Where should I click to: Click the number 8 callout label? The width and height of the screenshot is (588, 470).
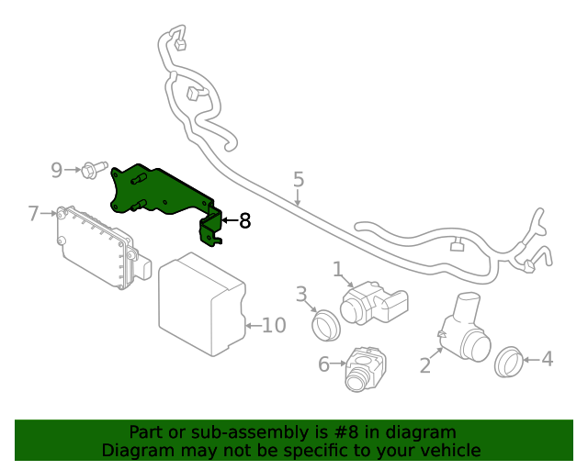243,221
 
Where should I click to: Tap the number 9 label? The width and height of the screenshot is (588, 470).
57,170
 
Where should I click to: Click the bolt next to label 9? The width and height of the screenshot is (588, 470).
90,170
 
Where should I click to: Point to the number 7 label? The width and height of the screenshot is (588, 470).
33,214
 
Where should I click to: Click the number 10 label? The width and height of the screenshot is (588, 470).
274,325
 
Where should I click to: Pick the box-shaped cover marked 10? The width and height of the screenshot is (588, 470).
200,306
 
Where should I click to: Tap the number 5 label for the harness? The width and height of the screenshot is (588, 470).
299,179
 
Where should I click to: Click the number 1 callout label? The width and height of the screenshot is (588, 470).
337,268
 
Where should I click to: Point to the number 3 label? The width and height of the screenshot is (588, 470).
300,294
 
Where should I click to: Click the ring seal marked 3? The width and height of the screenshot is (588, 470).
325,323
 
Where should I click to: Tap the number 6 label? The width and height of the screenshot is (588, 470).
323,364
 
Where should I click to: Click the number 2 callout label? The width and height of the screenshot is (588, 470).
424,366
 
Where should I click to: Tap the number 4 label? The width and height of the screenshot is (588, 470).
547,359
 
